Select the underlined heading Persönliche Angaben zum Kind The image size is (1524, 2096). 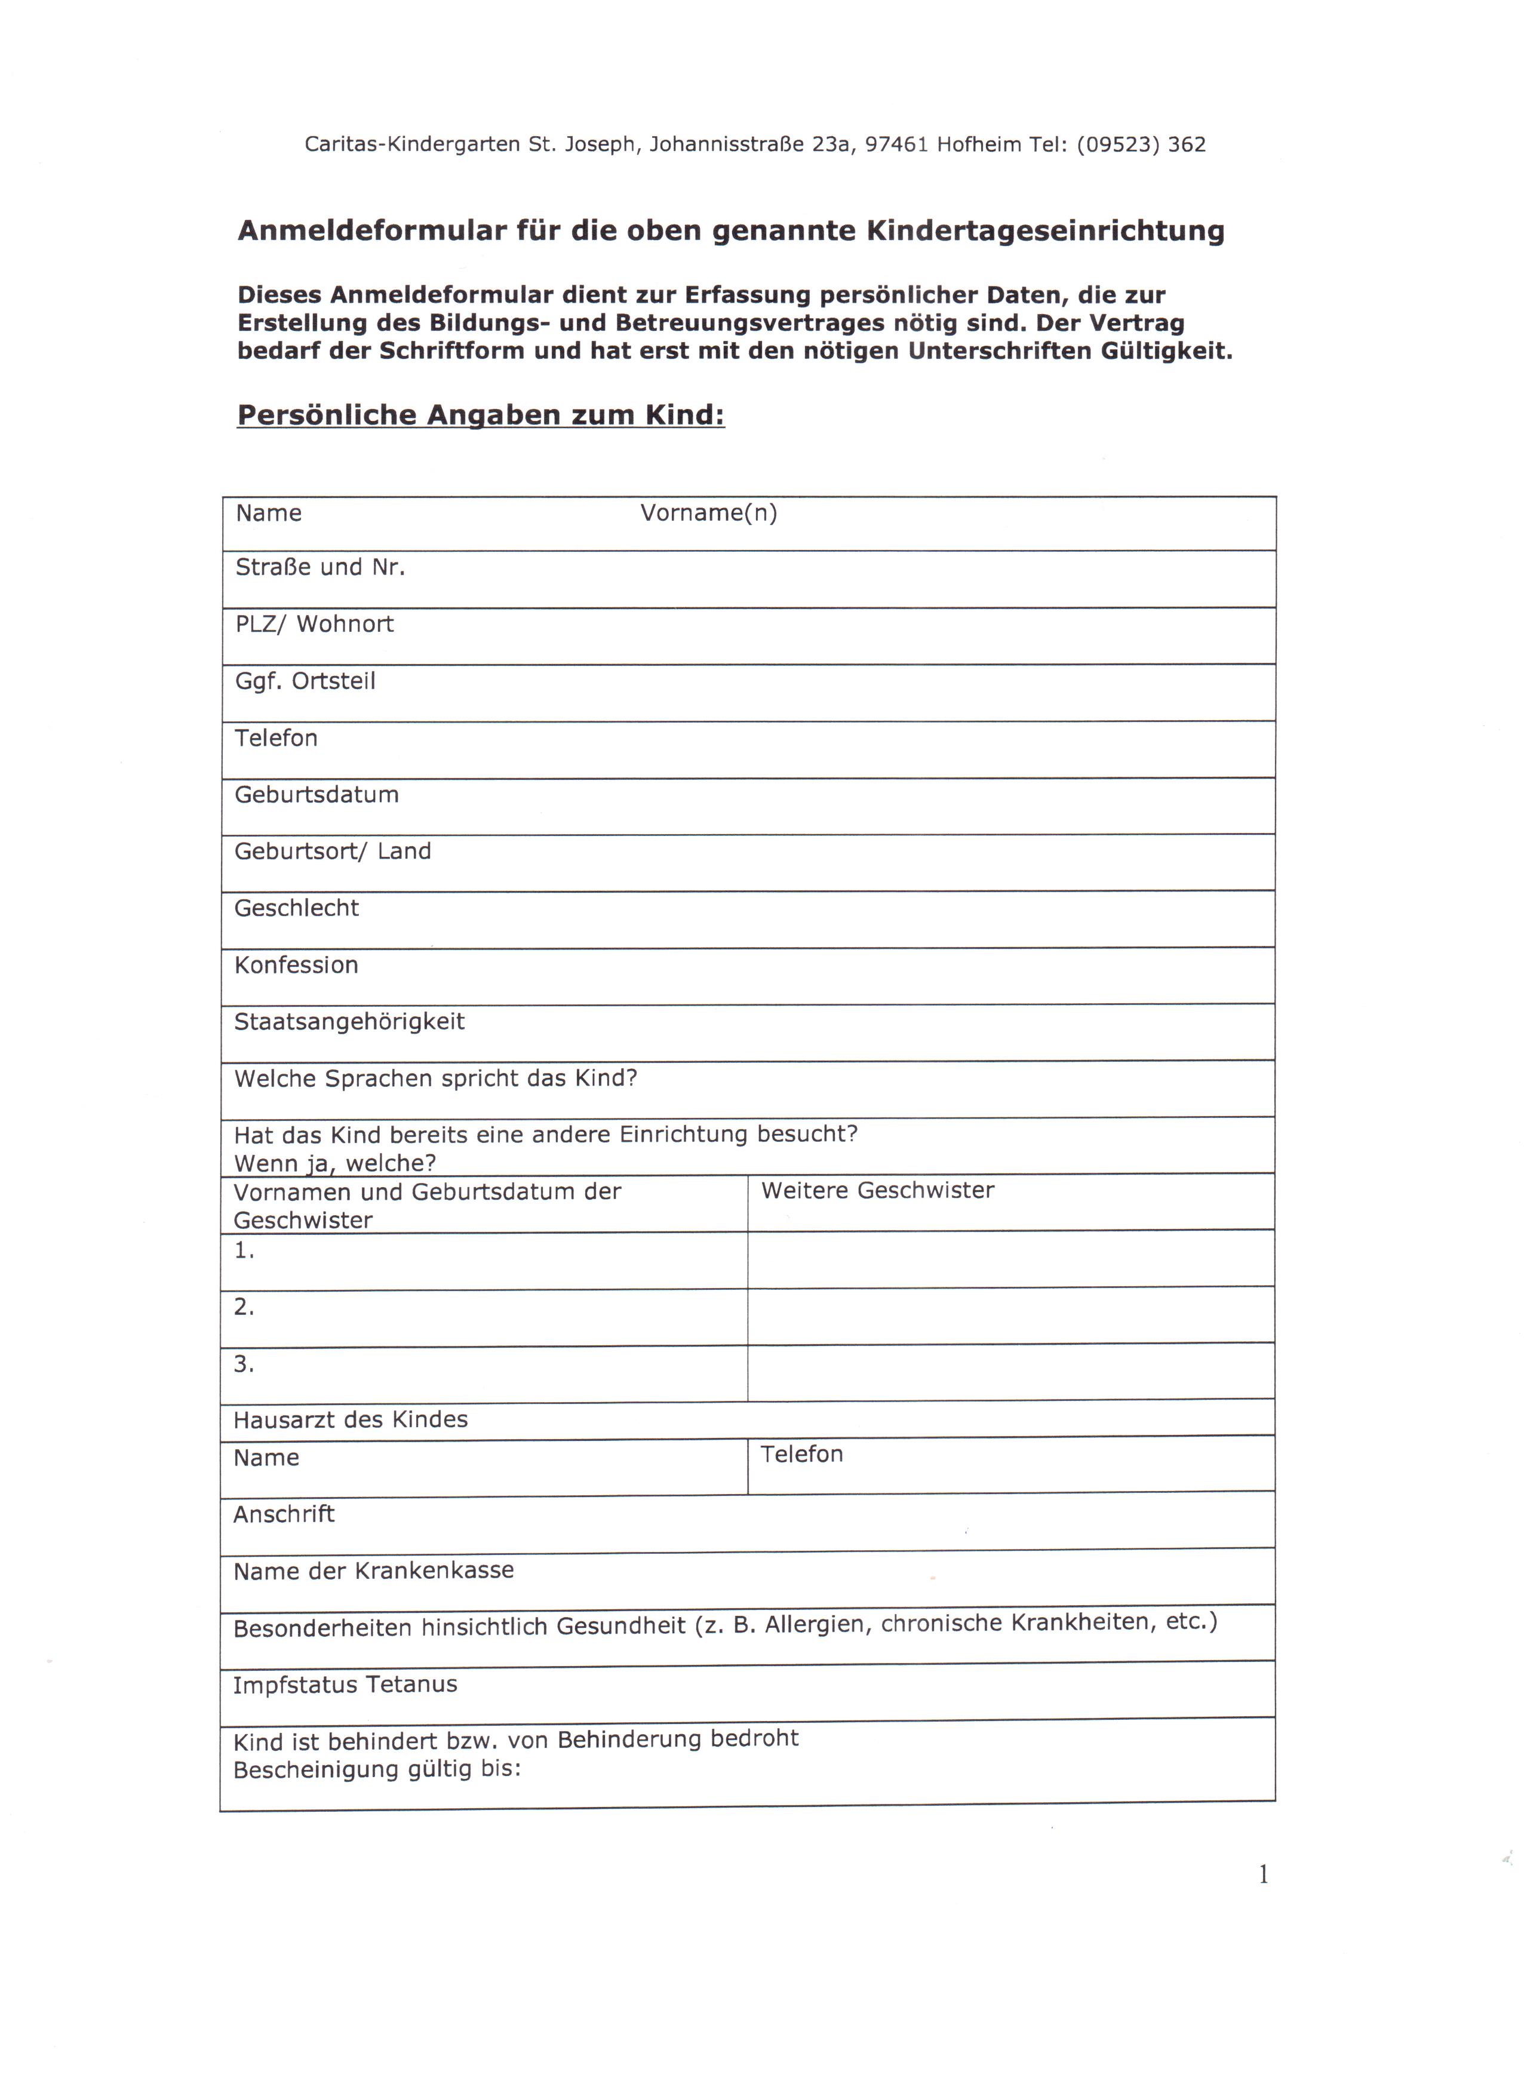pyautogui.click(x=481, y=415)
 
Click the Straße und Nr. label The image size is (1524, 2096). pyautogui.click(x=319, y=567)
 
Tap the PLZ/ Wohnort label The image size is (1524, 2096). pyautogui.click(x=314, y=624)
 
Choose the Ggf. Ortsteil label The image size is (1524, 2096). pyautogui.click(x=305, y=681)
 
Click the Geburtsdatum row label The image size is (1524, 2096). pyautogui.click(x=316, y=795)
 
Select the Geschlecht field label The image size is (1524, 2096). pyautogui.click(x=296, y=908)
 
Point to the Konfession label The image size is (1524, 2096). pyautogui.click(x=296, y=965)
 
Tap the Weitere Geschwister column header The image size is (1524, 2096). pyautogui.click(x=877, y=1190)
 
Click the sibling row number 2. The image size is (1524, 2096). pyautogui.click(x=243, y=1307)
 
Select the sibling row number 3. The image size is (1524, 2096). pyautogui.click(x=243, y=1364)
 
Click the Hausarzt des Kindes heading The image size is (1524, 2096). pyautogui.click(x=351, y=1419)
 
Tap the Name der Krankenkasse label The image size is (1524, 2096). pyautogui.click(x=373, y=1571)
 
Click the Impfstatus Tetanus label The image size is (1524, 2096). pyautogui.click(x=345, y=1685)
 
